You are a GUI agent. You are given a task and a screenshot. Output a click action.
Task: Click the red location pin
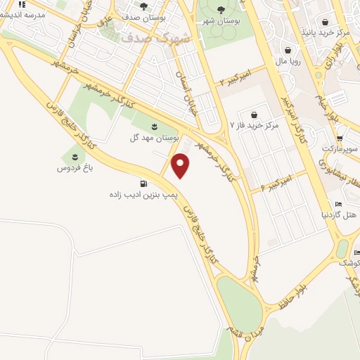181,165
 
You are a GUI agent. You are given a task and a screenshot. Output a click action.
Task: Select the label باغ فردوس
75,169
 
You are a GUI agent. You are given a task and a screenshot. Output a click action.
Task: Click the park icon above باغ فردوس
75,156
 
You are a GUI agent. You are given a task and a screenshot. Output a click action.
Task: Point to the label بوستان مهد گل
154,138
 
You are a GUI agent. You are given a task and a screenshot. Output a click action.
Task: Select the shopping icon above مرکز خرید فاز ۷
253,114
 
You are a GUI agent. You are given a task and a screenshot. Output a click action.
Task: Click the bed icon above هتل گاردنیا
339,204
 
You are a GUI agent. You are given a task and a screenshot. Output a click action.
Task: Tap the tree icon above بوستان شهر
221,9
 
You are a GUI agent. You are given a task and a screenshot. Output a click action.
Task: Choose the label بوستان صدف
143,21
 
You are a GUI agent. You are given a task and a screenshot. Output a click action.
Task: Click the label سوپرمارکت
341,150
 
